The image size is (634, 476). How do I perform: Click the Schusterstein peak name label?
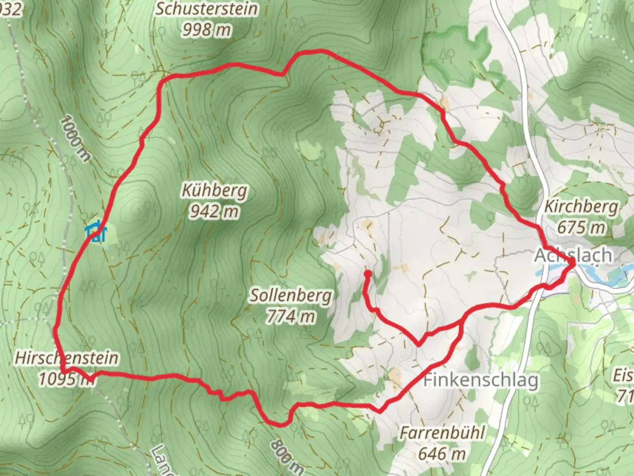206,9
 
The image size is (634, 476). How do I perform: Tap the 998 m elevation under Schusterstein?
206,30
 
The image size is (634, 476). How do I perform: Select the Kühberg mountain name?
215,191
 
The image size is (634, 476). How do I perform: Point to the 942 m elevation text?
215,212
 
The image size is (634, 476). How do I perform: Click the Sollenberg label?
291,295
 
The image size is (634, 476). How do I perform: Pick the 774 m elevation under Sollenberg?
291,316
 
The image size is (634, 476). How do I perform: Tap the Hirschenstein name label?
66,357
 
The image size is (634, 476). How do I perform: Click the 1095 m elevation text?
66,379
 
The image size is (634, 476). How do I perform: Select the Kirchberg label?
581,206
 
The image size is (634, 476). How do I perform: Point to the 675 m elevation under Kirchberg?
581,227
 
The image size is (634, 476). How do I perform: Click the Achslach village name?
573,255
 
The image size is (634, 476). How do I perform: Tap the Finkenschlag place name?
481,380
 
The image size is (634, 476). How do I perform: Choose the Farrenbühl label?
442,433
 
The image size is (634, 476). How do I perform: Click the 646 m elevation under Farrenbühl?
442,454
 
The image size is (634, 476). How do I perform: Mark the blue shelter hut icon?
96,232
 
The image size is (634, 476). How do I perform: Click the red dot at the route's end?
367,274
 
